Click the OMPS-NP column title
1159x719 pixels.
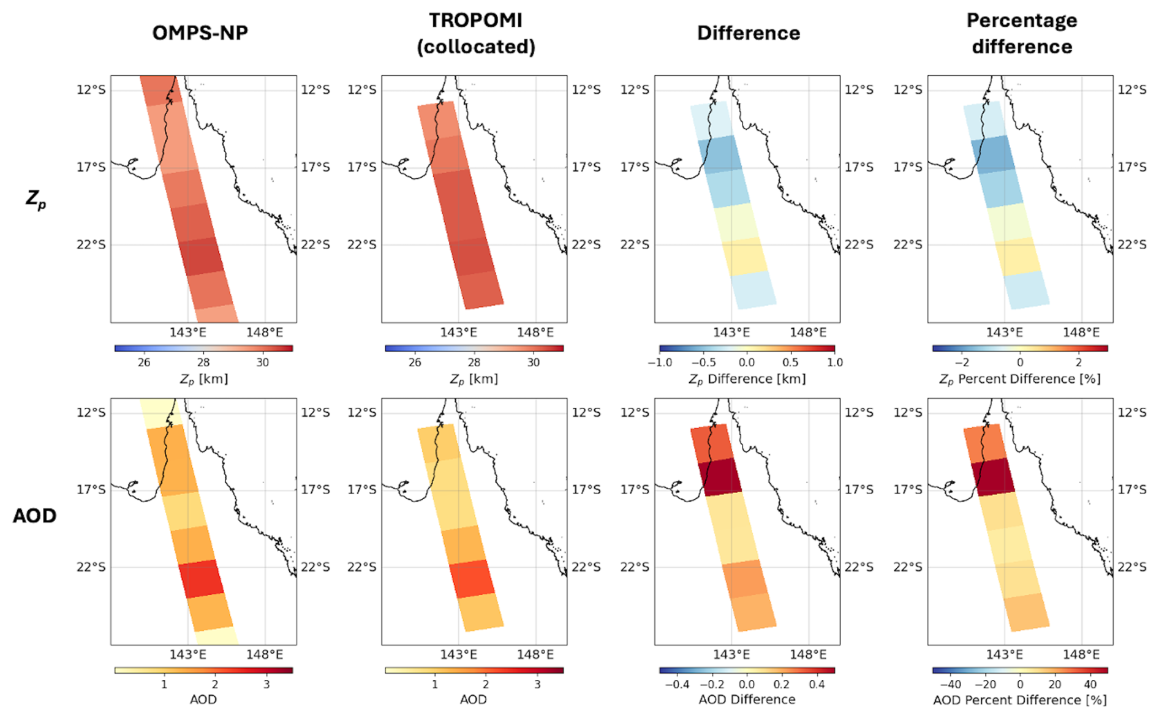point(200,32)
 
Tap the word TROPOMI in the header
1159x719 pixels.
point(475,20)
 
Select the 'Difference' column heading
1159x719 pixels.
point(748,33)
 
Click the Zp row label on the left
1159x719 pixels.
point(36,199)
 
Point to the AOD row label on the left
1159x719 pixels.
point(35,516)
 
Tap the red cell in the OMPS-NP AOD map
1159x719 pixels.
point(201,578)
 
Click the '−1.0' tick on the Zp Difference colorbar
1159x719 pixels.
point(660,363)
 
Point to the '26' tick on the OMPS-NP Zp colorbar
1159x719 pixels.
point(144,363)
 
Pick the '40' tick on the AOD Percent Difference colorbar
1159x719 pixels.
point(1090,685)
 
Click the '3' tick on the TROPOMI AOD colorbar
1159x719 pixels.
point(537,685)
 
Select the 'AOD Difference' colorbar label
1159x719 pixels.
point(747,699)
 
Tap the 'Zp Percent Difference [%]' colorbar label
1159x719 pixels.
point(1020,379)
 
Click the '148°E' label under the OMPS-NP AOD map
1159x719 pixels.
point(265,655)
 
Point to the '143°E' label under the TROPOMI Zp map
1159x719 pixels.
point(458,333)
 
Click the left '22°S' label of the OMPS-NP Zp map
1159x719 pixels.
point(91,244)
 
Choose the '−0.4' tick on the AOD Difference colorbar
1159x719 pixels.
point(677,685)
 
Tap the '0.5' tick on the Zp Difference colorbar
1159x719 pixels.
point(790,363)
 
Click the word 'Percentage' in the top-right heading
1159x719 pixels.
point(1021,20)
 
